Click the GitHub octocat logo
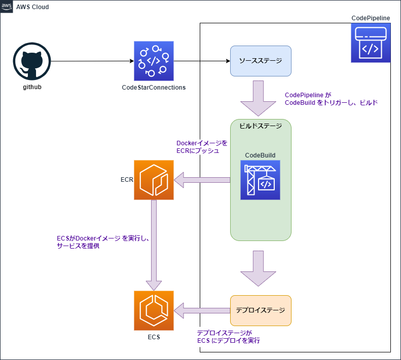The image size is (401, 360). [x=31, y=61]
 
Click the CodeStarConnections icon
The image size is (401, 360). [x=154, y=61]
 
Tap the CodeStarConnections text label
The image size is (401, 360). [x=154, y=88]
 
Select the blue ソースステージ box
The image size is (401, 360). [x=261, y=61]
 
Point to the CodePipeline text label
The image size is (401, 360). [x=371, y=18]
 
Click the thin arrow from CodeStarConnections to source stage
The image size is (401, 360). [x=215, y=61]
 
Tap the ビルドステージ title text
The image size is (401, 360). [x=261, y=127]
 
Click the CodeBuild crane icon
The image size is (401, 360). [x=261, y=180]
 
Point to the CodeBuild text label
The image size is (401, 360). [x=260, y=155]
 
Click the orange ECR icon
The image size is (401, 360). [x=154, y=180]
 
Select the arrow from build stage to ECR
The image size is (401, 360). [x=203, y=180]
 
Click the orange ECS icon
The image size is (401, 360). [x=154, y=310]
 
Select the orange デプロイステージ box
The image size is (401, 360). [x=261, y=310]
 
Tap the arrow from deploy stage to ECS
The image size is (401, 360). [x=203, y=310]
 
